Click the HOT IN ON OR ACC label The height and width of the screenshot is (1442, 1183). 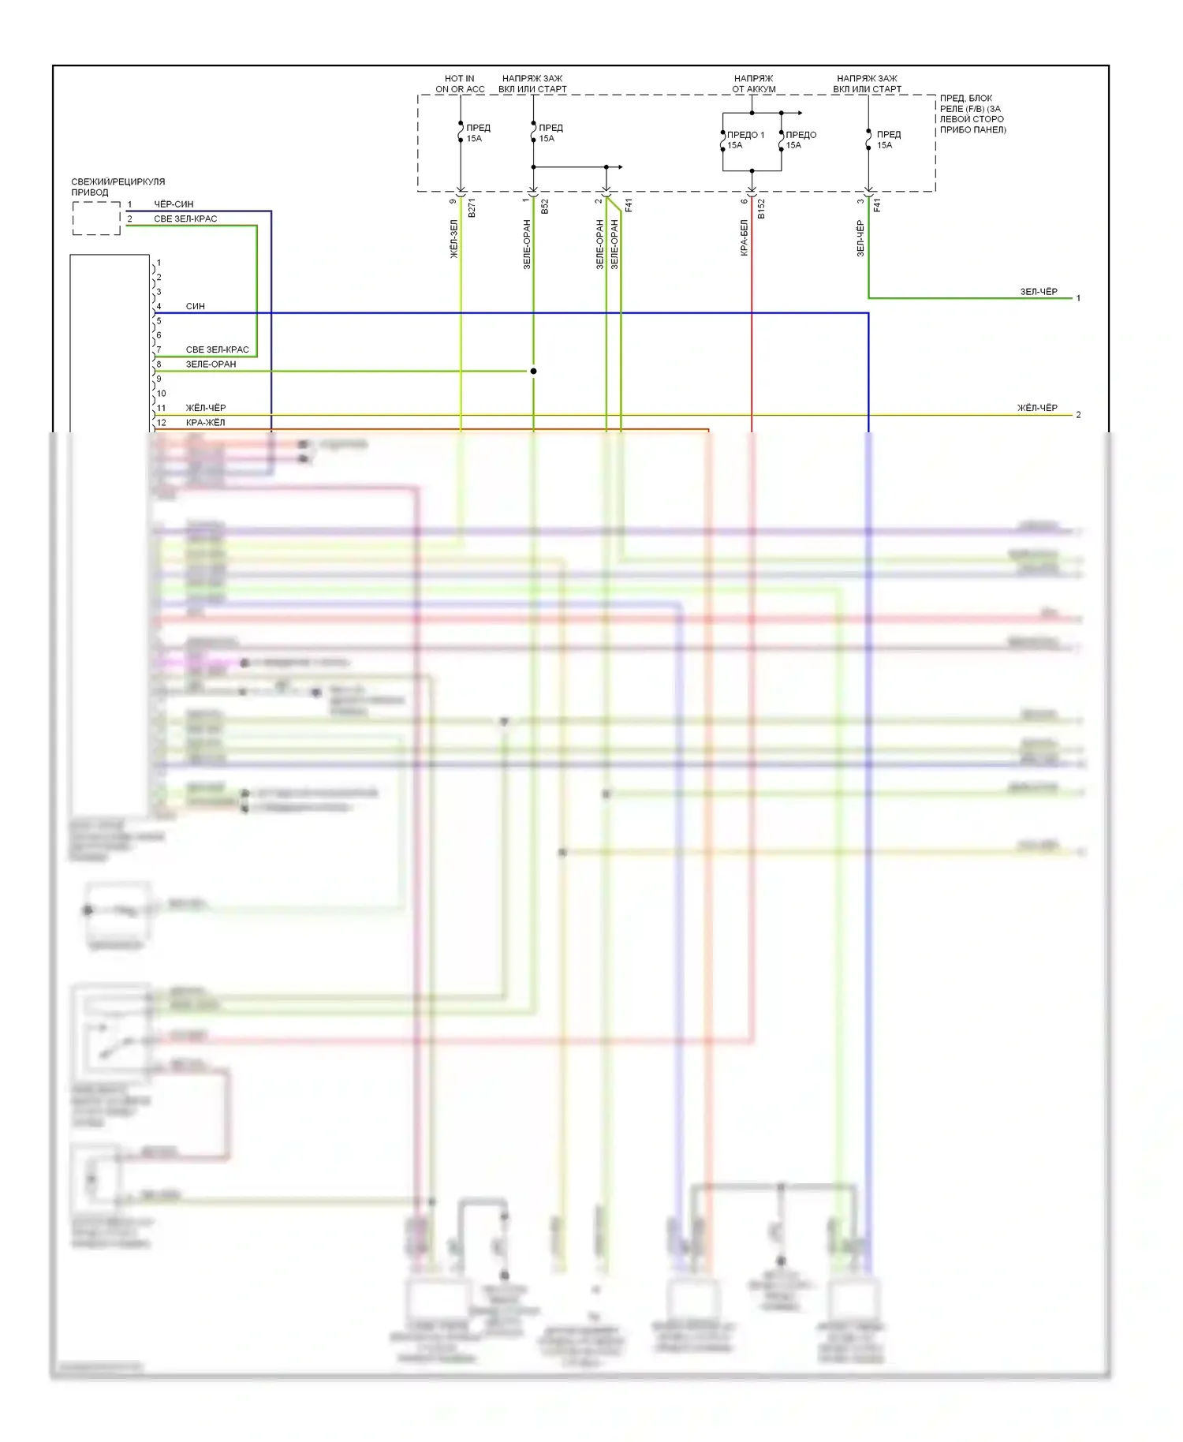click(460, 84)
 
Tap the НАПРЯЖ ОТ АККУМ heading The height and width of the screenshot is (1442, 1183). click(753, 84)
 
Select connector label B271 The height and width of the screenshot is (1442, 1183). click(472, 208)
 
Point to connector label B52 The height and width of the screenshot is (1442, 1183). click(545, 207)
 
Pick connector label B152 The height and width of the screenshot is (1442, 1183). click(761, 208)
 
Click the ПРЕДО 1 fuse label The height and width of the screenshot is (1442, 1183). click(745, 135)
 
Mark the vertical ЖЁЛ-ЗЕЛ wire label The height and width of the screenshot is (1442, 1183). click(453, 239)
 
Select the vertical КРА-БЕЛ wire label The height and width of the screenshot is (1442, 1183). click(744, 237)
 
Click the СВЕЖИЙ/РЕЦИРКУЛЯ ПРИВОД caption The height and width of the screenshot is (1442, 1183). click(118, 187)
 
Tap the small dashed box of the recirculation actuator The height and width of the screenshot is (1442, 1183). click(96, 219)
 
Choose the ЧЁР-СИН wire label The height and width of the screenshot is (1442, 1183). click(174, 204)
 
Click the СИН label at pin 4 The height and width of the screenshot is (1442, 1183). click(195, 306)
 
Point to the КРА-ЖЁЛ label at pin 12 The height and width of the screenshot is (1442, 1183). click(205, 423)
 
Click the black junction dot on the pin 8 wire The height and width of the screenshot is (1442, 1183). click(533, 371)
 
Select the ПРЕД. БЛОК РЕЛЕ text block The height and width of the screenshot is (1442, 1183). click(972, 114)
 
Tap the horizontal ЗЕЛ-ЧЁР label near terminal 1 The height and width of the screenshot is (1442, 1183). click(1039, 292)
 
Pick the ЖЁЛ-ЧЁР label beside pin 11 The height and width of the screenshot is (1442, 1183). click(205, 408)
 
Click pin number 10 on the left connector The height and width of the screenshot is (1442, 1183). click(161, 394)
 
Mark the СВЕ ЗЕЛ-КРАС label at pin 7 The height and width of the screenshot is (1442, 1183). click(217, 349)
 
